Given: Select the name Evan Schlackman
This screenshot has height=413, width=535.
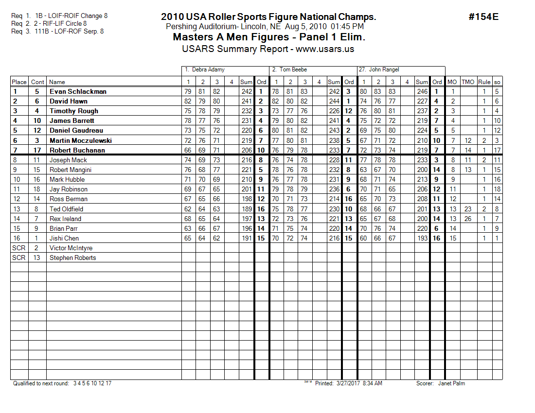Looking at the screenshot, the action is pos(78,91).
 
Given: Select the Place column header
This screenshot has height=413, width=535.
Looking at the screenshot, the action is pos(19,82).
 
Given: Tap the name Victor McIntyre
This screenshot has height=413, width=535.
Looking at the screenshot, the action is pos(71,248).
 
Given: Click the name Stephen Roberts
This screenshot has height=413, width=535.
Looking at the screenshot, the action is pos(73,258).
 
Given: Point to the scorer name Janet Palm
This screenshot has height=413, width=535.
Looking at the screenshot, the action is pos(451,383).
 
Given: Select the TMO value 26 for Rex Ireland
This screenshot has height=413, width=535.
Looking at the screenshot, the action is pos(468,219).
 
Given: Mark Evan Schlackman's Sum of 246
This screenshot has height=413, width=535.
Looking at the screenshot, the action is pos(422,91).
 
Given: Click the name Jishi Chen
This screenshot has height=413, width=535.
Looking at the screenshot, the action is pos(64,238).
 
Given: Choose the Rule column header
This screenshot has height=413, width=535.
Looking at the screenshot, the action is pos(484,82).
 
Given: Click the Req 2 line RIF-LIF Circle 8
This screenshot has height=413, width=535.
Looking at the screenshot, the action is pos(49,23).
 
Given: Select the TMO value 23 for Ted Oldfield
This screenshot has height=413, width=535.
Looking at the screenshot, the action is pos(468,209).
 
